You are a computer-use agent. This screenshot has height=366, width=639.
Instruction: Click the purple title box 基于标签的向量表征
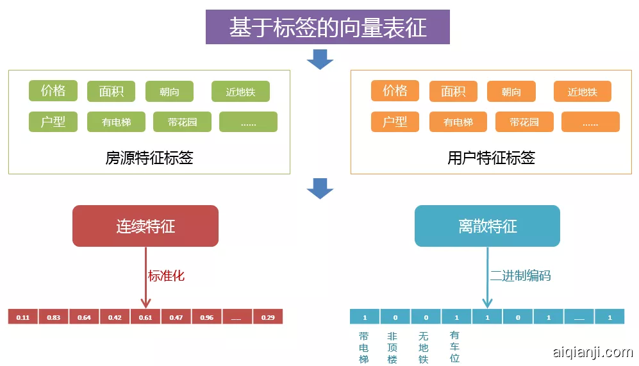pyautogui.click(x=328, y=28)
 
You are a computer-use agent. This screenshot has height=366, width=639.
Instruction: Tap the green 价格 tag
pyautogui.click(x=53, y=91)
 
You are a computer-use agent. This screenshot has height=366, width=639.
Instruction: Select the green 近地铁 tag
pyautogui.click(x=240, y=92)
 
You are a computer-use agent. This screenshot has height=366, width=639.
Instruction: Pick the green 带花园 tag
pyautogui.click(x=182, y=122)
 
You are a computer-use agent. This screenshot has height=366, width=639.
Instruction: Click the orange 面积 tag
pyautogui.click(x=452, y=92)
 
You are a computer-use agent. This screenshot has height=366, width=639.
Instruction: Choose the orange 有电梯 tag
pyautogui.click(x=458, y=122)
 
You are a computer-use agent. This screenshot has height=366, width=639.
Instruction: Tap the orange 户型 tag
pyautogui.click(x=395, y=121)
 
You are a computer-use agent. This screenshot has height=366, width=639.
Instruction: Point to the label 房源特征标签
pyautogui.click(x=149, y=158)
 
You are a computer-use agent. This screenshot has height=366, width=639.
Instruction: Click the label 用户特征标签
pyautogui.click(x=491, y=158)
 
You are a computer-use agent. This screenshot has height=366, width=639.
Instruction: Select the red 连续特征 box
pyautogui.click(x=145, y=226)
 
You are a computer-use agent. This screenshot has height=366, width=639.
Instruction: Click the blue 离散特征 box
pyautogui.click(x=487, y=226)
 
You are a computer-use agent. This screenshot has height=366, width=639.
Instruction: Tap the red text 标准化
pyautogui.click(x=166, y=276)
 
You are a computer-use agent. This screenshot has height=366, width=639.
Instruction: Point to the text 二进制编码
pyautogui.click(x=520, y=276)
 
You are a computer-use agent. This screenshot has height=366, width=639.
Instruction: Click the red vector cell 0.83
pyautogui.click(x=54, y=317)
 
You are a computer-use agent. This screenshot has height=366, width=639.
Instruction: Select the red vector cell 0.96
pyautogui.click(x=206, y=317)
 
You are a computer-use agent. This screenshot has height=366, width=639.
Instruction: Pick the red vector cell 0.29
pyautogui.click(x=267, y=317)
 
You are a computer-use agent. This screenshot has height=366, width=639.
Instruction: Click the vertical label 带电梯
pyautogui.click(x=364, y=347)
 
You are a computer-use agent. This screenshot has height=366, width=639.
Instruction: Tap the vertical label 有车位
pyautogui.click(x=454, y=347)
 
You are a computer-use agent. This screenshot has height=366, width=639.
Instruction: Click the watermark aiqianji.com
pyautogui.click(x=592, y=352)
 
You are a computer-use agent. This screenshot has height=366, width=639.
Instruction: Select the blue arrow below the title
pyautogui.click(x=320, y=59)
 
